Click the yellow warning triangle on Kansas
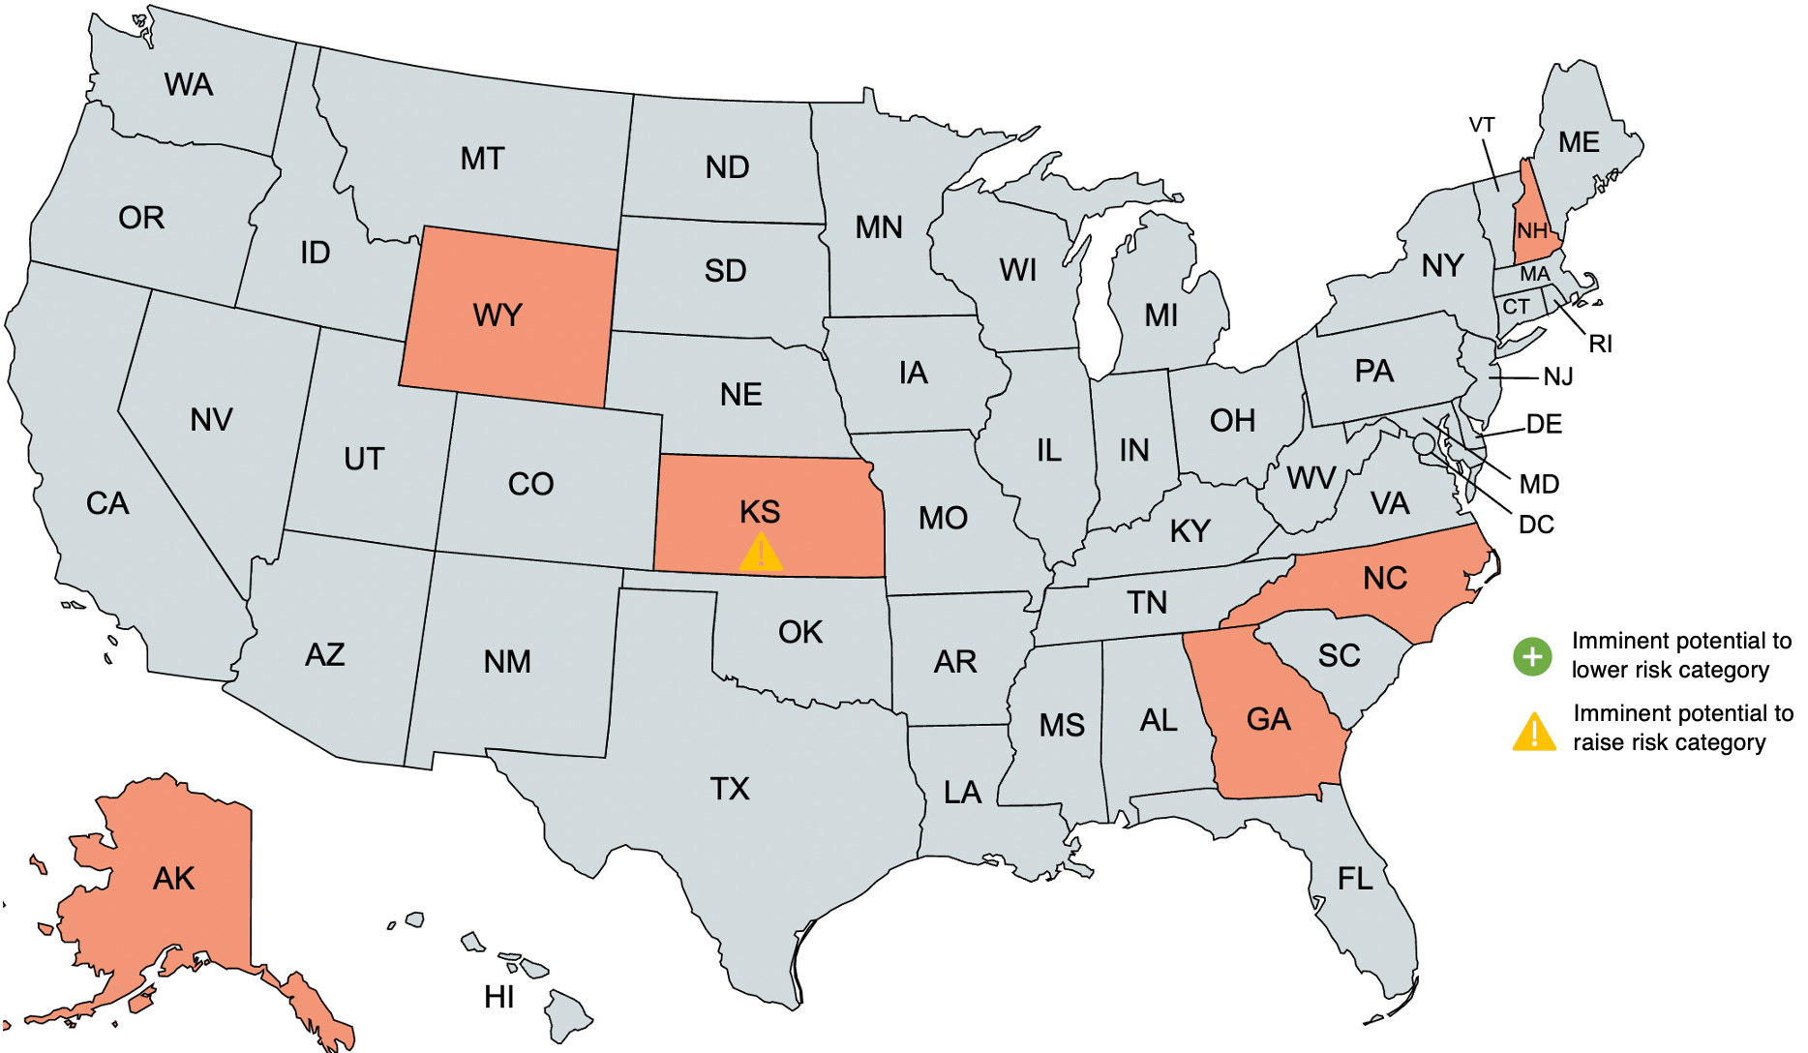pyautogui.click(x=761, y=553)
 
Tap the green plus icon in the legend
pyautogui.click(x=1532, y=657)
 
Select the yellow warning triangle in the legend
pyautogui.click(x=1534, y=733)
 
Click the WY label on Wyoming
pyautogui.click(x=497, y=316)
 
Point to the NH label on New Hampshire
pyautogui.click(x=1532, y=231)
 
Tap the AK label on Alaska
pyautogui.click(x=174, y=879)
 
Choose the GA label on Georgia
pyautogui.click(x=1268, y=719)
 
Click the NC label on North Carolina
pyautogui.click(x=1385, y=579)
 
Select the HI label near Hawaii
pyautogui.click(x=499, y=997)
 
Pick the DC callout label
pyautogui.click(x=1536, y=525)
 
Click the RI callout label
pyautogui.click(x=1600, y=344)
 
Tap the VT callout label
pyautogui.click(x=1482, y=126)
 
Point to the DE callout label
pyautogui.click(x=1544, y=424)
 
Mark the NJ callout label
pyautogui.click(x=1557, y=376)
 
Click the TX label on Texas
pyautogui.click(x=730, y=789)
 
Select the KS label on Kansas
pyautogui.click(x=760, y=512)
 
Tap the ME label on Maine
pyautogui.click(x=1579, y=143)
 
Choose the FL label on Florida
pyautogui.click(x=1355, y=879)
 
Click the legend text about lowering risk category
pyautogui.click(x=1681, y=655)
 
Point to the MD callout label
pyautogui.click(x=1539, y=484)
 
